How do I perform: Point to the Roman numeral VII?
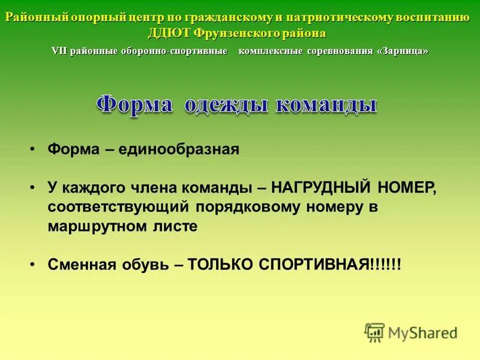click(x=59, y=51)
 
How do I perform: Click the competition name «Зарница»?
click(x=403, y=51)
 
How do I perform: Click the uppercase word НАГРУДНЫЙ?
click(x=322, y=188)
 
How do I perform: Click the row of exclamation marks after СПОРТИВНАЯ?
click(x=386, y=265)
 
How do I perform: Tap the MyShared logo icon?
click(x=374, y=332)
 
